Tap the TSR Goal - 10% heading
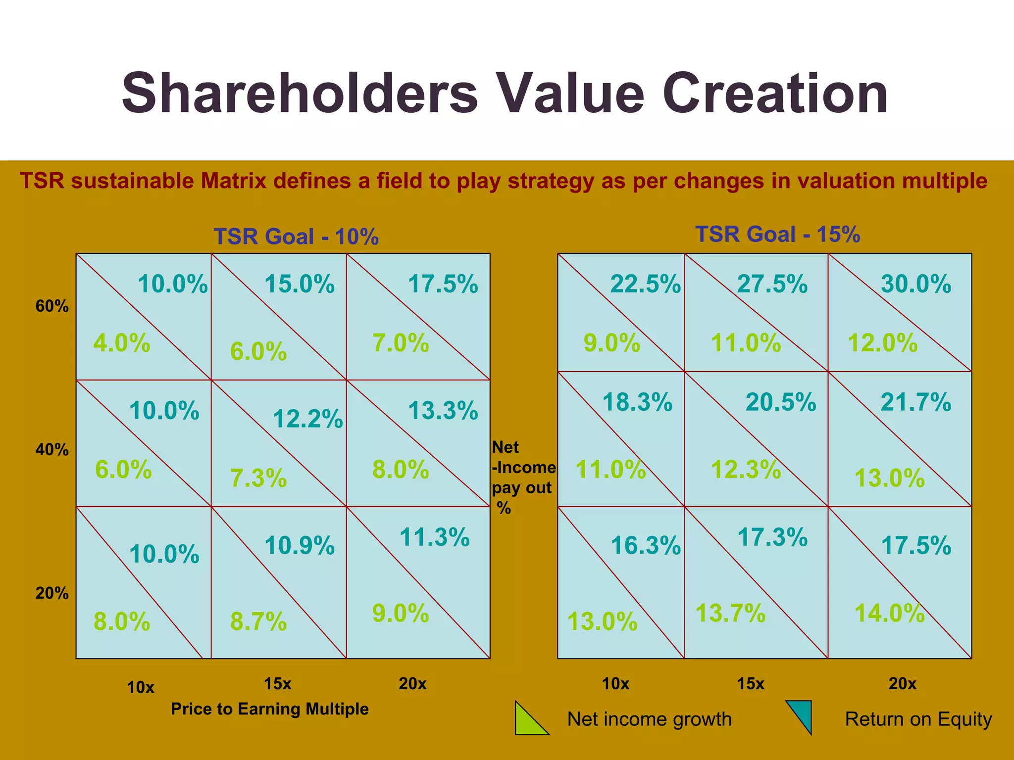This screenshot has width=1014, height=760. pyautogui.click(x=296, y=237)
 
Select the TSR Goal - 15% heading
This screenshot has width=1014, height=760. pyautogui.click(x=777, y=234)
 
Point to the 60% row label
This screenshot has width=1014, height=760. pyautogui.click(x=51, y=306)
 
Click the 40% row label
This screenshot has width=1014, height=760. pyautogui.click(x=51, y=450)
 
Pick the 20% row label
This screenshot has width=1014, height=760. pyautogui.click(x=51, y=593)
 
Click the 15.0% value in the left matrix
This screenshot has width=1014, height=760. pyautogui.click(x=299, y=284)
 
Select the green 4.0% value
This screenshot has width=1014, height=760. pyautogui.click(x=122, y=343)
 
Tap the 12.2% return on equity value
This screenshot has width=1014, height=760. pyautogui.click(x=307, y=419)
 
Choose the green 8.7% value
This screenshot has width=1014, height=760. pyautogui.click(x=258, y=621)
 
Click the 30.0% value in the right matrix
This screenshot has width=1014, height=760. pyautogui.click(x=915, y=284)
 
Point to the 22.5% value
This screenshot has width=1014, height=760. pyautogui.click(x=645, y=284)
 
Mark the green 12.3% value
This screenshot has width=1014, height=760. pyautogui.click(x=746, y=470)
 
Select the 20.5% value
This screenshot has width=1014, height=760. pyautogui.click(x=780, y=402)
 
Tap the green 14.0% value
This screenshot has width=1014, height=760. pyautogui.click(x=889, y=613)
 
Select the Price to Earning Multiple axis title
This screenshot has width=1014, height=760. pyautogui.click(x=269, y=709)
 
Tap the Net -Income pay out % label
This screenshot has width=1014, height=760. pyautogui.click(x=522, y=477)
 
